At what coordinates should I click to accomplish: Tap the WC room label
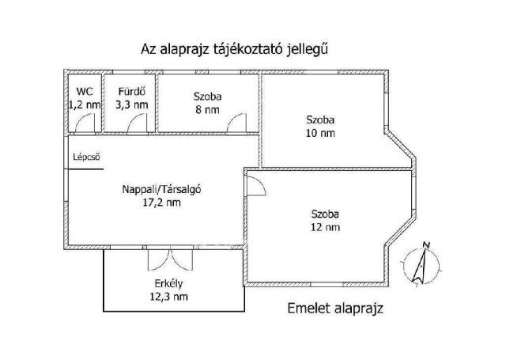[83, 91]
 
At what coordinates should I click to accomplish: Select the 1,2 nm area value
[85, 104]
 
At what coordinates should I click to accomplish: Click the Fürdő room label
[130, 91]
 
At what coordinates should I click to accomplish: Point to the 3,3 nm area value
[131, 104]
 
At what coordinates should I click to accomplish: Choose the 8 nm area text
[208, 110]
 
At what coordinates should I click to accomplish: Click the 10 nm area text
[321, 134]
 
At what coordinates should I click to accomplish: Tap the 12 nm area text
[325, 228]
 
